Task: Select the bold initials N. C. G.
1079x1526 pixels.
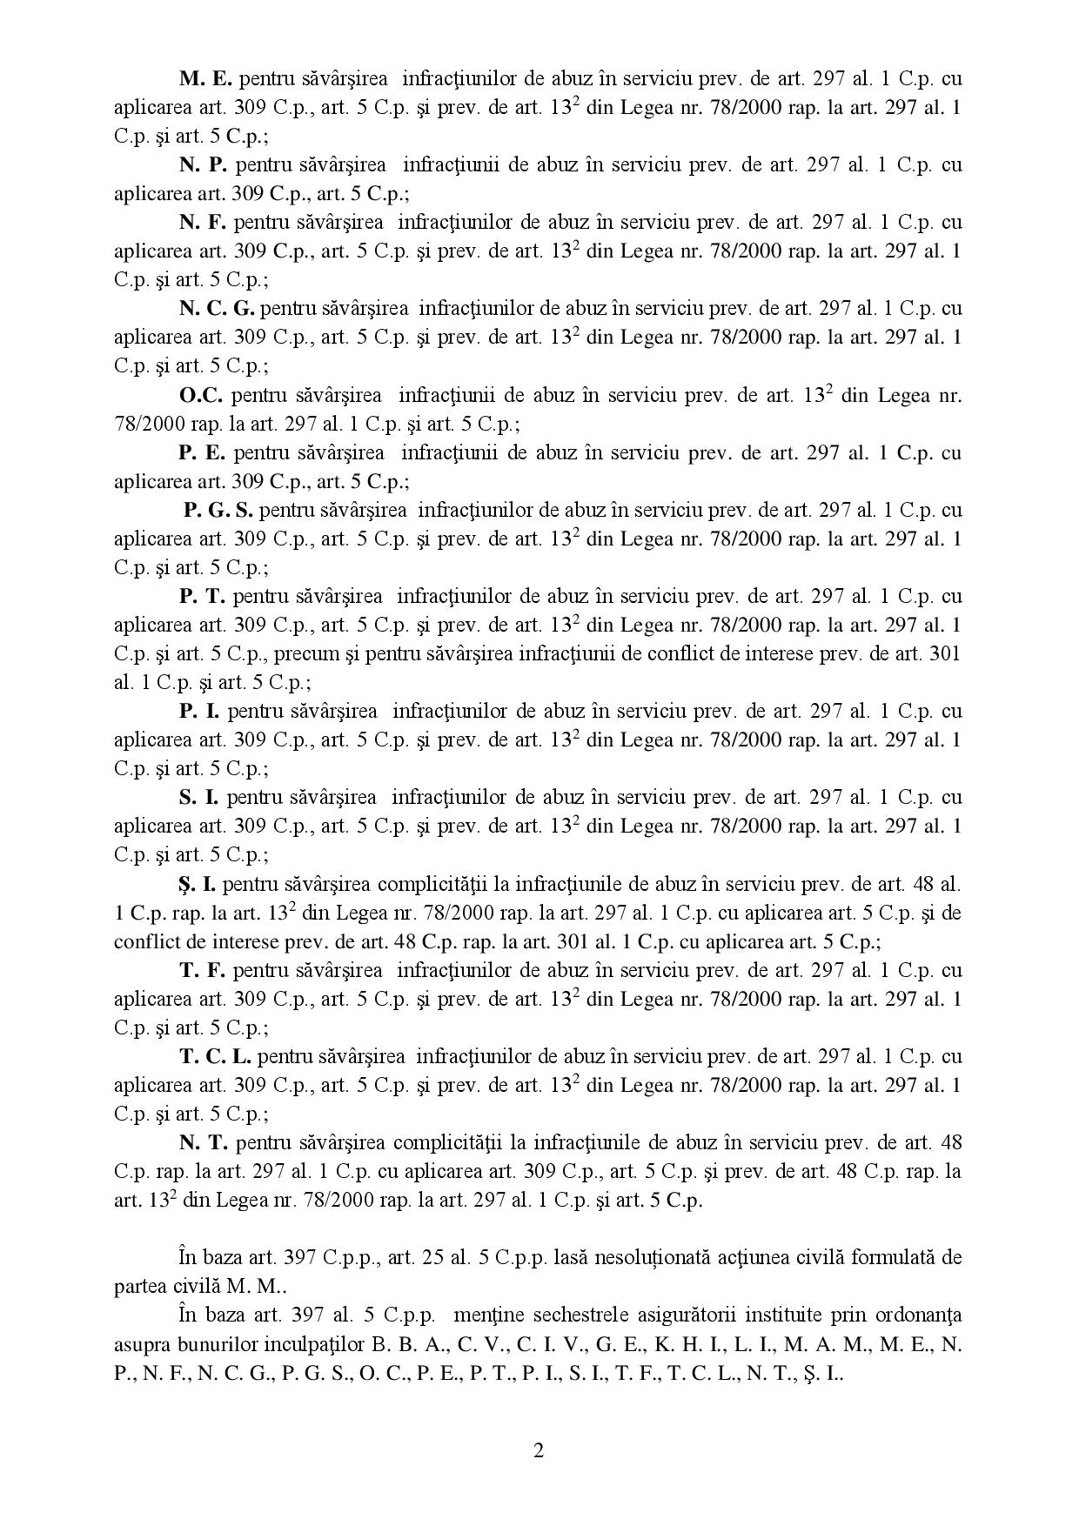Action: pos(217,308)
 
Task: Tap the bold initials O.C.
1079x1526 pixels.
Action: pos(201,395)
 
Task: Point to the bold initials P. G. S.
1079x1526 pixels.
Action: pos(218,510)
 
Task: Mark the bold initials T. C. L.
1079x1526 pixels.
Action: pos(216,1057)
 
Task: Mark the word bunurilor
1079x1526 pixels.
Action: pos(219,1344)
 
